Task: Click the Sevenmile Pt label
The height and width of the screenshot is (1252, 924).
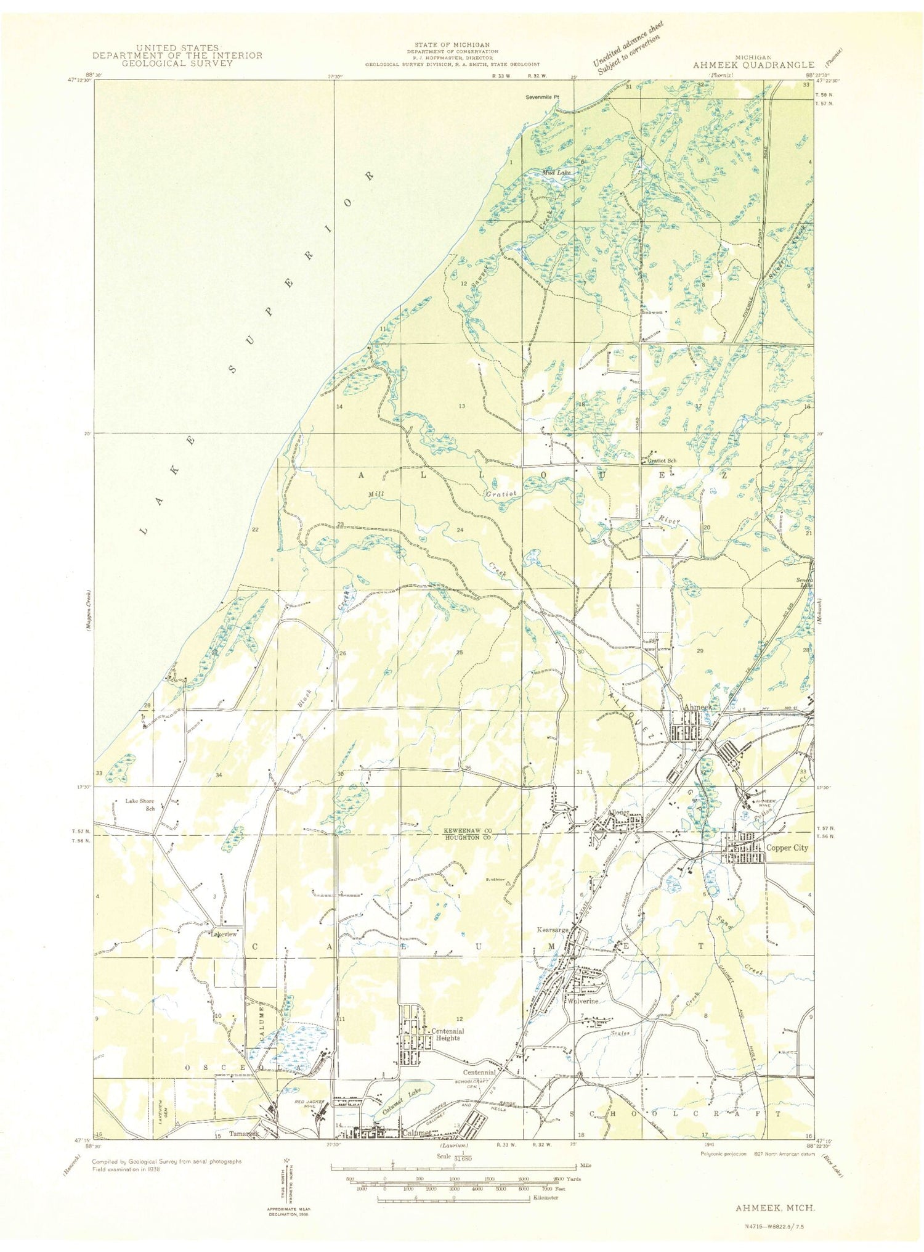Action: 541,97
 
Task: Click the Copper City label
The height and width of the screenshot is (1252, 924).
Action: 787,848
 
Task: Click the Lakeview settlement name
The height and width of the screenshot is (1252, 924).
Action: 224,934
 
